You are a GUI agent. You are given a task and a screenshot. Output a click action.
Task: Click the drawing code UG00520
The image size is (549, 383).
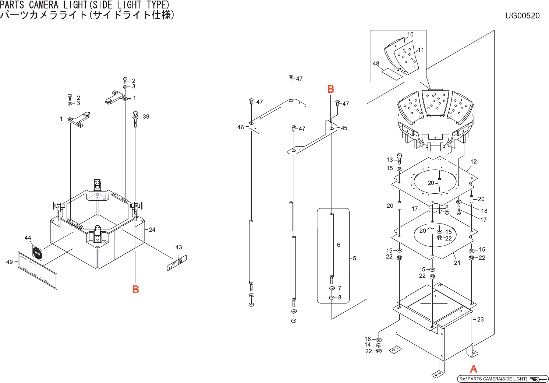click(x=522, y=15)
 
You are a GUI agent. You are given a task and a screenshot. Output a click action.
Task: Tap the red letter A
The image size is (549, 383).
click(x=474, y=369)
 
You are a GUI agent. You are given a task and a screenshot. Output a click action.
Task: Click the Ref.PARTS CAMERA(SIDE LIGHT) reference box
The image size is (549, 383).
click(x=502, y=379)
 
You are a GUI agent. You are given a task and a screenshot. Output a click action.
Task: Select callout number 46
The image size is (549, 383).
click(x=240, y=127)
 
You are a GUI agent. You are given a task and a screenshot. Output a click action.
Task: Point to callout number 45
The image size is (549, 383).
click(x=344, y=128)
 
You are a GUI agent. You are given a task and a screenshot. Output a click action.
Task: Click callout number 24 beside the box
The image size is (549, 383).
click(x=152, y=230)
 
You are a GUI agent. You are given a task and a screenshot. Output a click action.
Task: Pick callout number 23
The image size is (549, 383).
click(x=481, y=320)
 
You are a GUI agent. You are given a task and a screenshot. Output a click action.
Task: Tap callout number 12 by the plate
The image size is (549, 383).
click(x=474, y=162)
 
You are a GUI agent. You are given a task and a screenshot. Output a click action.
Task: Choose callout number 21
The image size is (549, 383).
click(x=457, y=263)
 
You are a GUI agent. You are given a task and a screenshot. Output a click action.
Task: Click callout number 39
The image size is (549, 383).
click(x=146, y=117)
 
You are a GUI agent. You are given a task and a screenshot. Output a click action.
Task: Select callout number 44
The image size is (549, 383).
click(x=28, y=238)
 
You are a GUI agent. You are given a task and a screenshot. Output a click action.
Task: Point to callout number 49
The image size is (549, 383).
click(x=10, y=262)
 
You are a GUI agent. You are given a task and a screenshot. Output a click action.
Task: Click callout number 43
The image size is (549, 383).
click(x=179, y=247)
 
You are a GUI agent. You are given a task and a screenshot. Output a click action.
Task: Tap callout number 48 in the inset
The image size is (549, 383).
click(x=376, y=64)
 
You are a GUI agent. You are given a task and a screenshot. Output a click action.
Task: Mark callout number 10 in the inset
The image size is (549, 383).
click(x=410, y=35)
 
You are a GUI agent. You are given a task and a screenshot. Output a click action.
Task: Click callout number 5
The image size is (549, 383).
click(x=354, y=259)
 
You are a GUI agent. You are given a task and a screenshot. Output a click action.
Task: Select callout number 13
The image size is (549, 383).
click(x=390, y=160)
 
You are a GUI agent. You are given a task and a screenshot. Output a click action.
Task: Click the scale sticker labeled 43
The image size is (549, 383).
click(x=177, y=263)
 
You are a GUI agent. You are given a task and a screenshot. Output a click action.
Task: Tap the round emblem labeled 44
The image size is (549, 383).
click(x=37, y=252)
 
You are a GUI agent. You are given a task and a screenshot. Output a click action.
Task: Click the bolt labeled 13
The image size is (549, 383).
click(x=399, y=158)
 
